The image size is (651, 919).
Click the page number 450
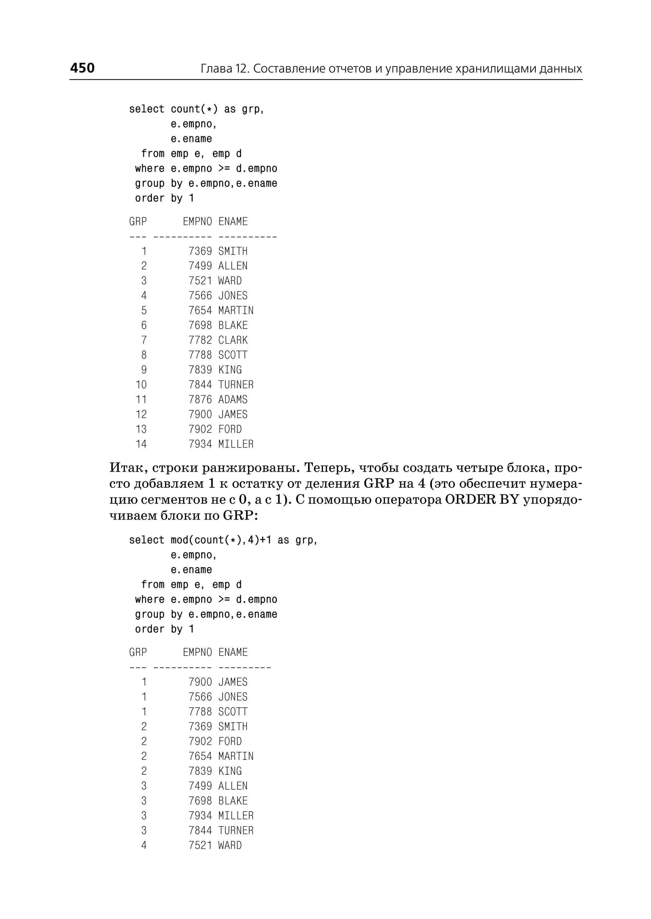(82, 68)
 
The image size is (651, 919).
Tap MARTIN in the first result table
(236, 310)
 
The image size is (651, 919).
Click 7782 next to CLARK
(200, 340)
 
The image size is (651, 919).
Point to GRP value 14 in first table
(141, 444)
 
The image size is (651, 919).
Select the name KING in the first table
(230, 370)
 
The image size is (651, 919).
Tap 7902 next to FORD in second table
(200, 741)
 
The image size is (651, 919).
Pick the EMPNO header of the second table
(197, 652)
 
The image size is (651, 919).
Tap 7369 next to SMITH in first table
(200, 251)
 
